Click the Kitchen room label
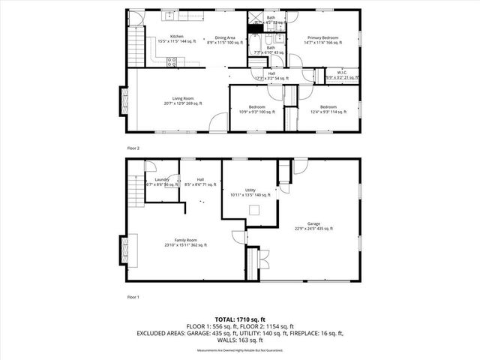coord(177,37)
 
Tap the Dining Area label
coord(226,37)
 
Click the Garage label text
coord(313,223)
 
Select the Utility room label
coord(250,191)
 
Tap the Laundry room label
coord(160,179)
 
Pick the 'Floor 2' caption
coord(133,148)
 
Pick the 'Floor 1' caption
coord(133,298)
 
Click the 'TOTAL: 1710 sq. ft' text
coord(240,319)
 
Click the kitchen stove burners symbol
coord(172,62)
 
